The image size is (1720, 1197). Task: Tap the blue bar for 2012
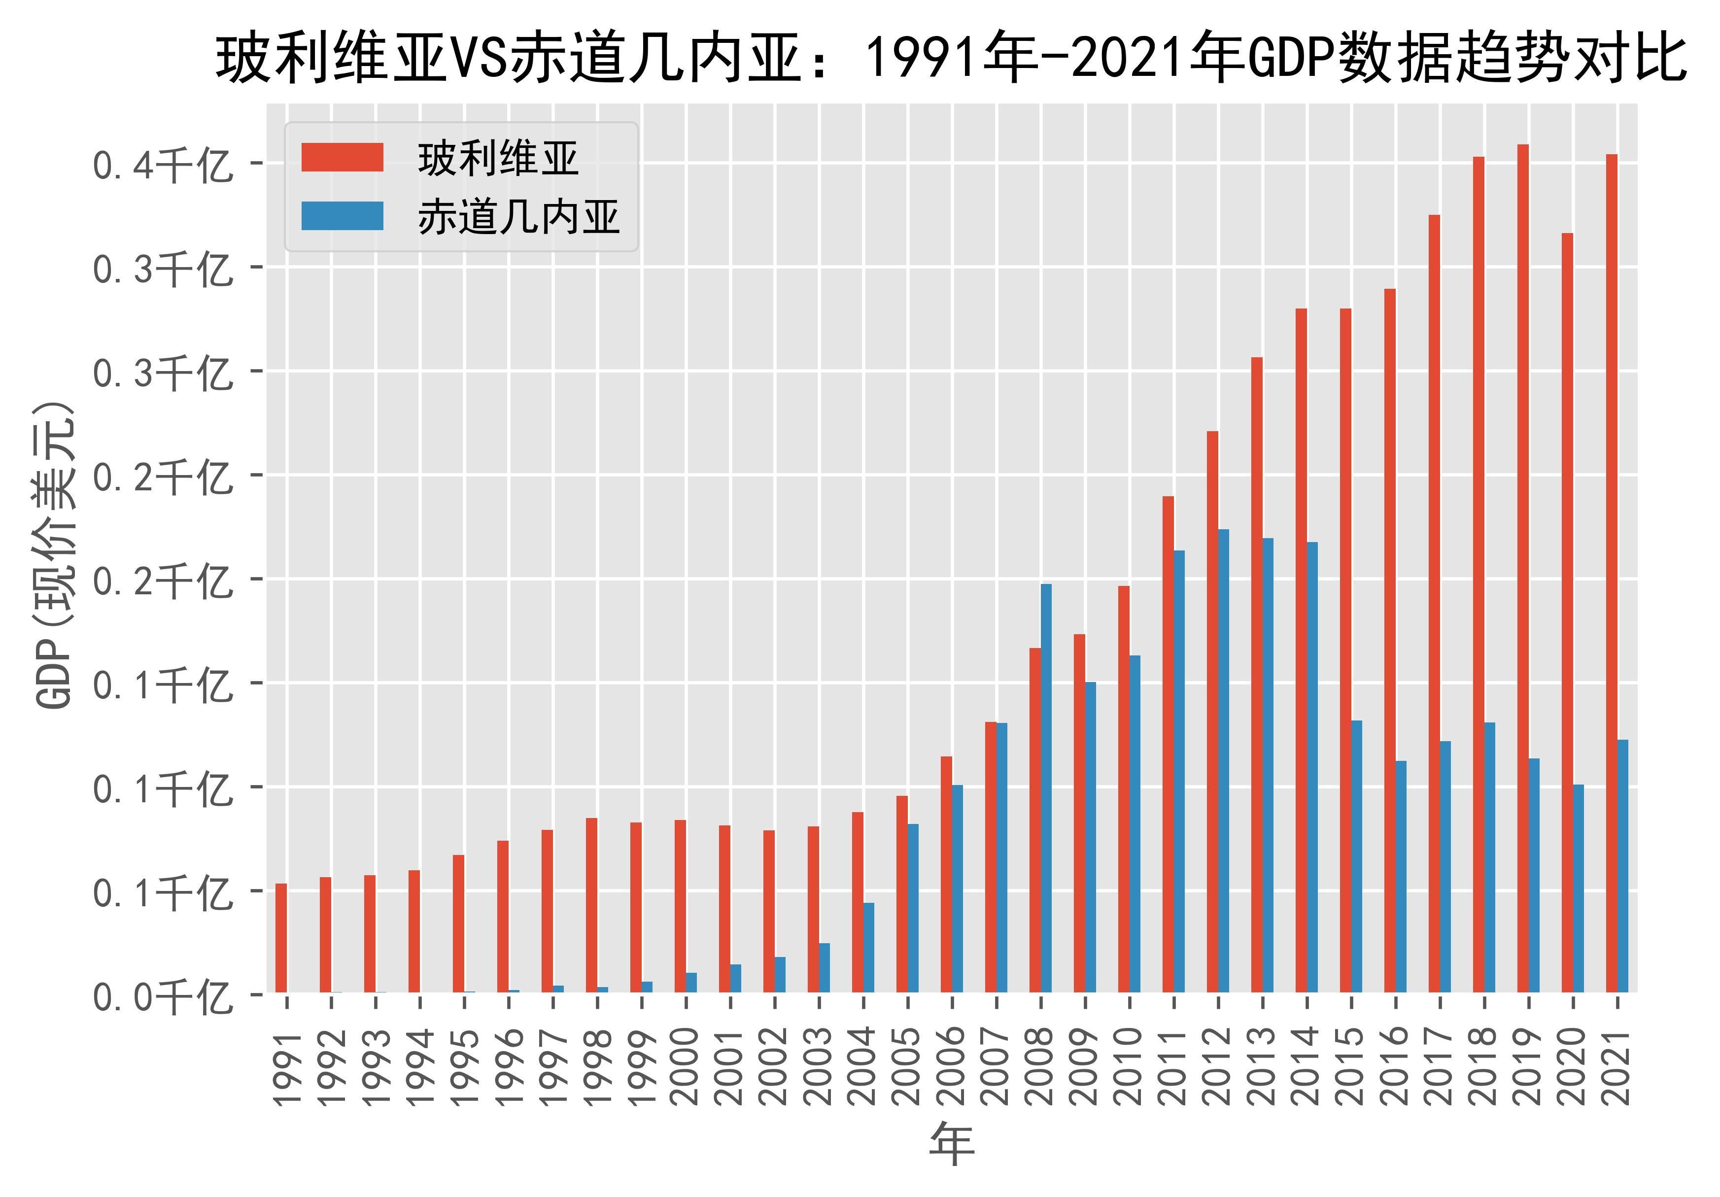coord(1223,761)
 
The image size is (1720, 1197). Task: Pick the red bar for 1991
coord(281,938)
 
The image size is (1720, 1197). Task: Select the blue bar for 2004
coord(869,948)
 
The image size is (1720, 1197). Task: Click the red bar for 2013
coord(1257,674)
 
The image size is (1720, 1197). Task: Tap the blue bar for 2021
coord(1622,866)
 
